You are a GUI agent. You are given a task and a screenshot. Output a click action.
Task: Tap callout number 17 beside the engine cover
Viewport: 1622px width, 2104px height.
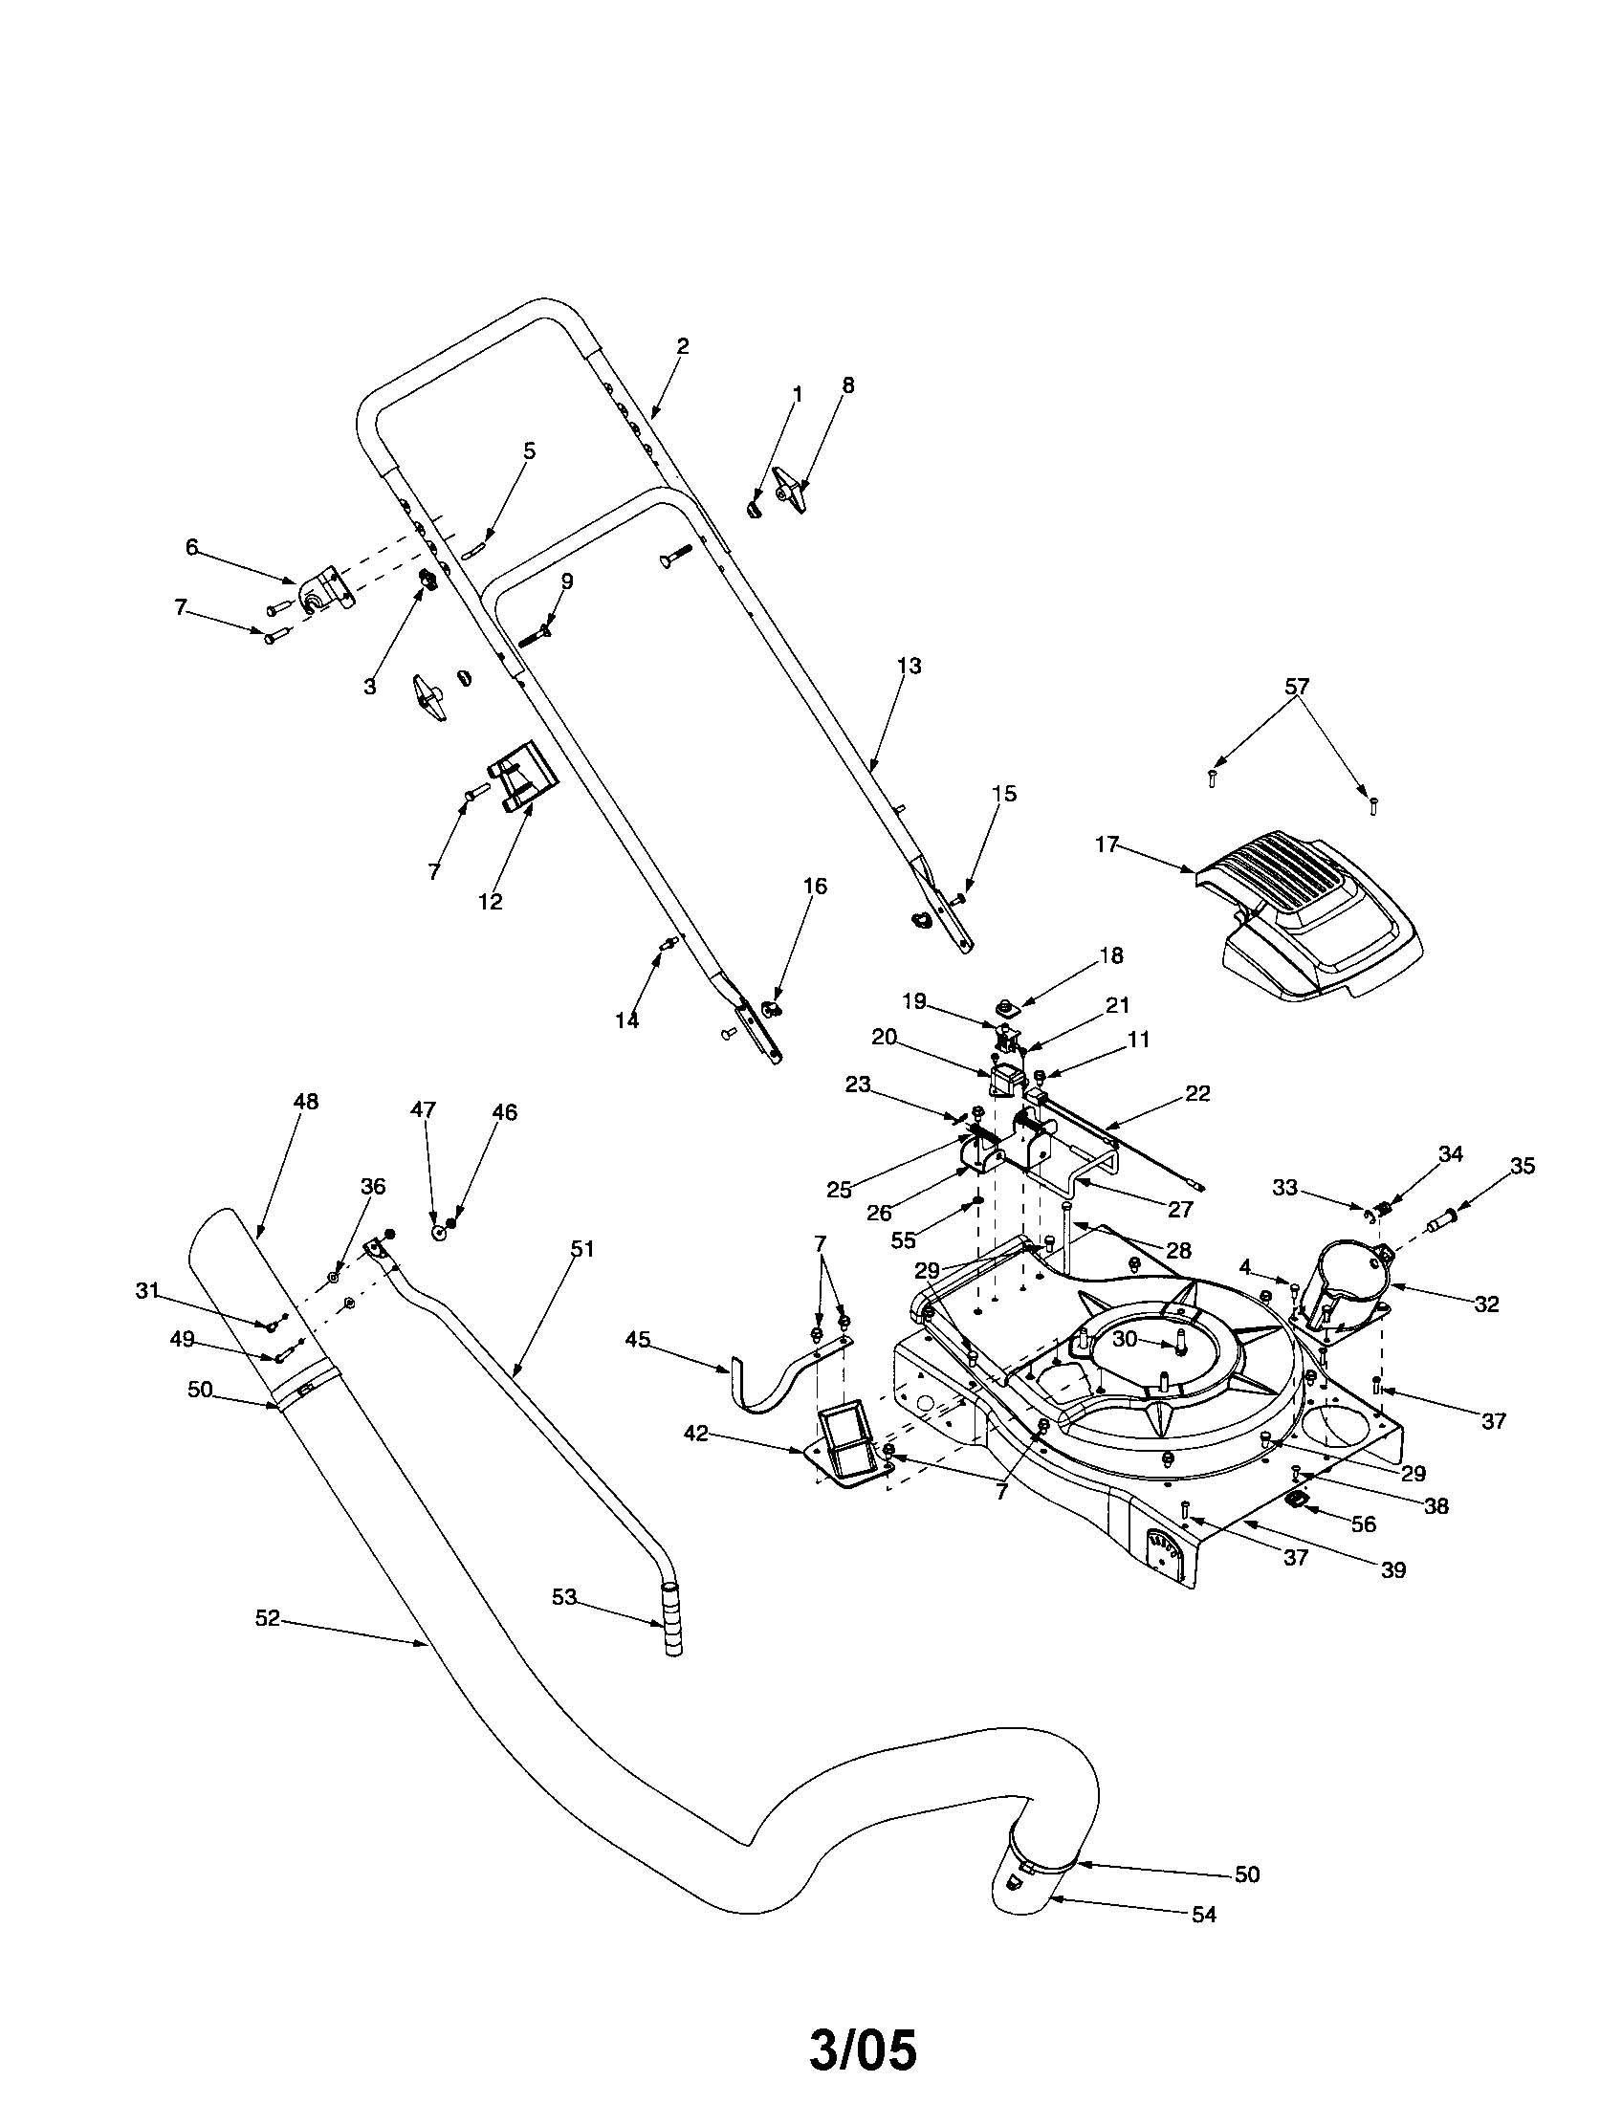[1107, 844]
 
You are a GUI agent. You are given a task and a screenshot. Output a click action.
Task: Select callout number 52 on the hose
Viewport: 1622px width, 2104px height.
[267, 1618]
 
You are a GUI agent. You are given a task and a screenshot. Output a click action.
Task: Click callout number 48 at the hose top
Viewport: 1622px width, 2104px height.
[305, 1101]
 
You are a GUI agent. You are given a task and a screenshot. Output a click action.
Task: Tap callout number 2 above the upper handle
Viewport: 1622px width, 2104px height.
[683, 346]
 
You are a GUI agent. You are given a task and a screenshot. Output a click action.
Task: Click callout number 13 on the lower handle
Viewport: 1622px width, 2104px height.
[909, 666]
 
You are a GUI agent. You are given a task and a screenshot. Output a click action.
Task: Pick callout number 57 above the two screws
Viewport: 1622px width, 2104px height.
[1298, 687]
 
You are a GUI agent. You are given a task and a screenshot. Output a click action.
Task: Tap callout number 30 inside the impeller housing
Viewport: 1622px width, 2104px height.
[1125, 1339]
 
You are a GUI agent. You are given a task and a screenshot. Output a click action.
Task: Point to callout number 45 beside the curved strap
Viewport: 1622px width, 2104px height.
[638, 1339]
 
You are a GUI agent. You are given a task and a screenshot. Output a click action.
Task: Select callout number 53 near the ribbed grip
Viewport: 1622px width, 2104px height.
[563, 1596]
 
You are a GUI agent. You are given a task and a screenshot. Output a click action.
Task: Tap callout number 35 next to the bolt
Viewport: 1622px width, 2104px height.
[1523, 1166]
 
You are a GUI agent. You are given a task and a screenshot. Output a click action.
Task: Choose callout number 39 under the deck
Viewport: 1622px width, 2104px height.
[1392, 1569]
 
